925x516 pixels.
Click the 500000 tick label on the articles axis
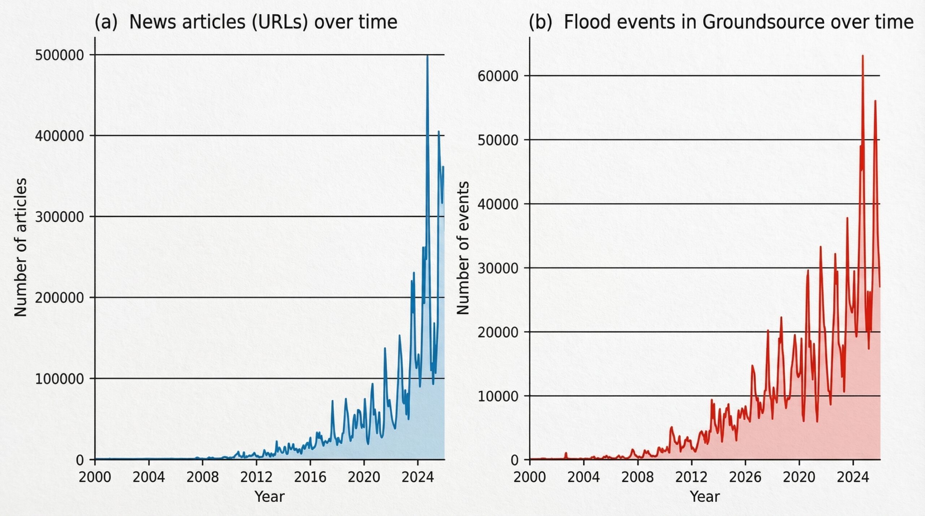coord(59,55)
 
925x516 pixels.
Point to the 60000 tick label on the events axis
coord(498,76)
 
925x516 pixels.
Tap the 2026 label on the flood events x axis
coord(745,477)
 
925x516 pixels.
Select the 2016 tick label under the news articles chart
coord(310,477)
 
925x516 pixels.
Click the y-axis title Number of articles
coord(21,247)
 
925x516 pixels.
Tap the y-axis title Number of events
coord(463,248)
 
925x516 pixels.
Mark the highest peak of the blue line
coord(427,56)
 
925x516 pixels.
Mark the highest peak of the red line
coord(862,56)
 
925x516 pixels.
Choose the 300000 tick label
coord(59,217)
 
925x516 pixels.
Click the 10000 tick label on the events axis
coord(498,396)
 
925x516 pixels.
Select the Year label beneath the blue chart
coord(270,497)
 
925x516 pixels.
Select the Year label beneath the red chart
coord(705,497)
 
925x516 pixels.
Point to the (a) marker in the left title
coord(106,22)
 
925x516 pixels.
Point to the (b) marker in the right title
coord(540,22)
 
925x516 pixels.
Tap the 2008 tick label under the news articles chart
coord(202,477)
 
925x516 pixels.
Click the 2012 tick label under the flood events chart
coord(691,477)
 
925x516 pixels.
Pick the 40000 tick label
coord(498,204)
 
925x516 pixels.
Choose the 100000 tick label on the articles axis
coord(59,379)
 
